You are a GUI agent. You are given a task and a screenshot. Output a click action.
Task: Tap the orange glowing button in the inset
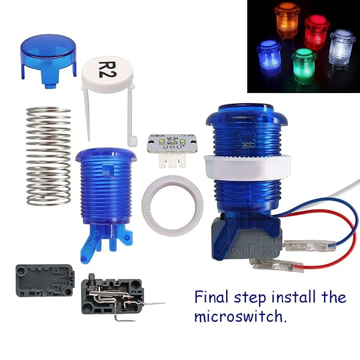click(287, 16)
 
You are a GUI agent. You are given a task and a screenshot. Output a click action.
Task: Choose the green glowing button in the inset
click(304, 62)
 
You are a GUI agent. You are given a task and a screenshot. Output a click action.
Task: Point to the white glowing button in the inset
click(343, 46)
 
